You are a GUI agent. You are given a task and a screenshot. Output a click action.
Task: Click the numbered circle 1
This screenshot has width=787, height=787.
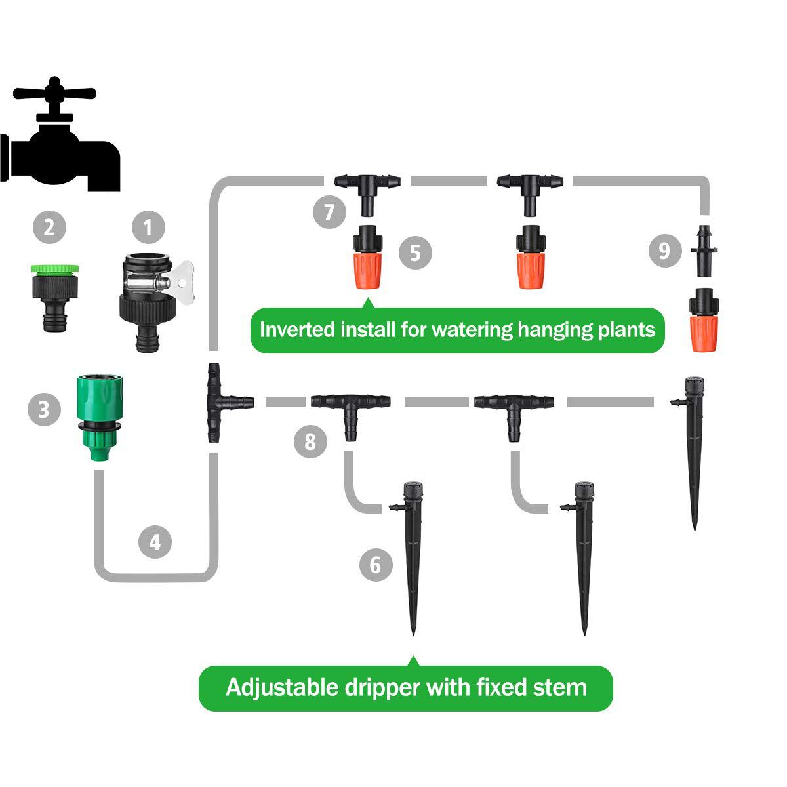(x=148, y=228)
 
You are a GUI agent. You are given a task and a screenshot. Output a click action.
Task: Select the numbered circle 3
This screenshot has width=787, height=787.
(x=44, y=410)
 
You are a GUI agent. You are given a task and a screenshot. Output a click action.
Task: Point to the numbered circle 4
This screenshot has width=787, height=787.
(x=155, y=542)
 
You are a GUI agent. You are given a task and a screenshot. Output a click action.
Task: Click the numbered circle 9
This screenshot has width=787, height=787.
(x=664, y=251)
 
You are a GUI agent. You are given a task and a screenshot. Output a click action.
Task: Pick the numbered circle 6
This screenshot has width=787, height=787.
(x=376, y=565)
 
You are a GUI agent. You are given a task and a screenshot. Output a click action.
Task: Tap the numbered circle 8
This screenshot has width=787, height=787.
(x=310, y=442)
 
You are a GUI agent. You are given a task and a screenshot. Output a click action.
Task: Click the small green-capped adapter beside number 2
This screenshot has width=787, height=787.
(x=54, y=295)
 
